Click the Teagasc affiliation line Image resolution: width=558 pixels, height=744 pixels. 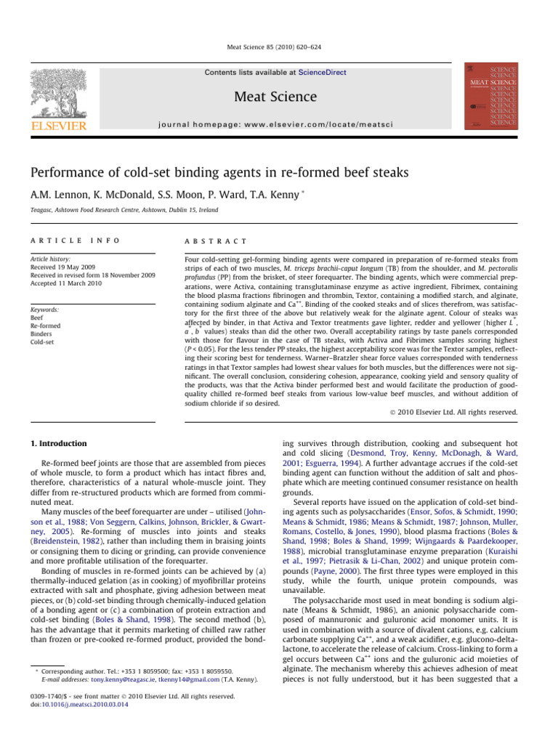tap(128, 210)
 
